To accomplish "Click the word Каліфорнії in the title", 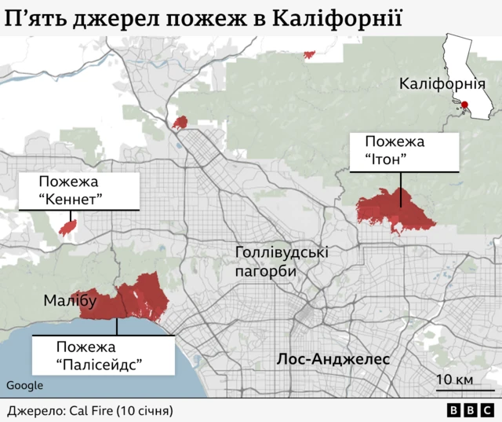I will (337, 17).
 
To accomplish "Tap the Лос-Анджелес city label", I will (333, 359).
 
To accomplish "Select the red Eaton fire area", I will (395, 209).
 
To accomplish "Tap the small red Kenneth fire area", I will (68, 227).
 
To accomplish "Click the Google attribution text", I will (25, 385).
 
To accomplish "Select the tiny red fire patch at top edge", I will (309, 54).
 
